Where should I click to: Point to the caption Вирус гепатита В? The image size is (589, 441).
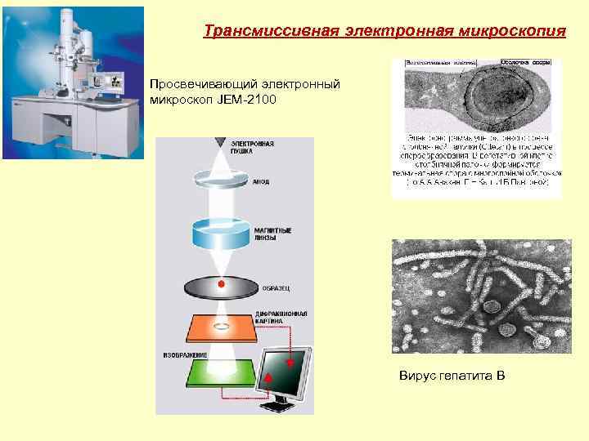tap(452, 376)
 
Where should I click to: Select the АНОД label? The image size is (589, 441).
tap(262, 183)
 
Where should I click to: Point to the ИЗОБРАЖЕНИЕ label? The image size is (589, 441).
tap(185, 355)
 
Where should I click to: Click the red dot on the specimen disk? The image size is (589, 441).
tap(221, 284)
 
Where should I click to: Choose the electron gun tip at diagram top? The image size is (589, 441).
tap(221, 144)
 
